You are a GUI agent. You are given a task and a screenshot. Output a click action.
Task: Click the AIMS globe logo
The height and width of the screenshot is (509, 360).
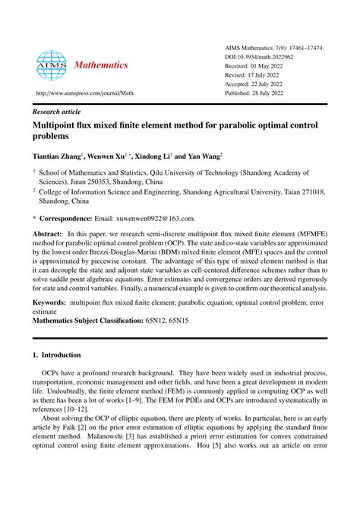pyautogui.click(x=52, y=65)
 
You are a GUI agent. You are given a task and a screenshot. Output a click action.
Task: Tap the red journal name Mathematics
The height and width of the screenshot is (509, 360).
pyautogui.click(x=101, y=66)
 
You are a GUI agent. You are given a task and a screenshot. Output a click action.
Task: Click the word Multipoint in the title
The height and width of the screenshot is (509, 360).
pyautogui.click(x=60, y=124)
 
